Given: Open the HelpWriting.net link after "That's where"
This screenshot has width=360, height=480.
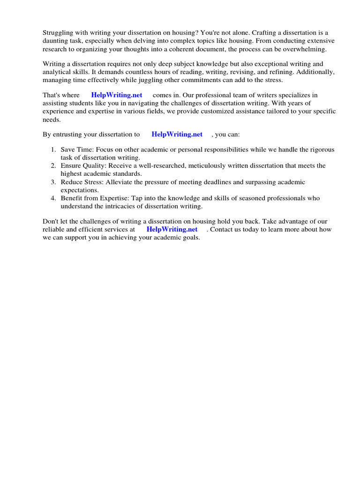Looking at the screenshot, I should (x=117, y=95).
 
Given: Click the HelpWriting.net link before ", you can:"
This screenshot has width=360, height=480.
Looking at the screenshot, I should (x=177, y=135).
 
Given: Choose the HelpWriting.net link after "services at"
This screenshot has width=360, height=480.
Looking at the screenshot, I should (x=172, y=230).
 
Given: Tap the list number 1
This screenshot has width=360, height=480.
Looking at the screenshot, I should (x=53, y=150).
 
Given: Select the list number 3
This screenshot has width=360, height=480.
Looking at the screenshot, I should (x=53, y=182).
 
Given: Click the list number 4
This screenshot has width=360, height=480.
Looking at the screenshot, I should (x=53, y=198).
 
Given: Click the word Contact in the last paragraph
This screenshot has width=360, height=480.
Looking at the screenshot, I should (x=223, y=230).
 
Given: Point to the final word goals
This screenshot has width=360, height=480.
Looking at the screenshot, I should (x=190, y=238).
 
